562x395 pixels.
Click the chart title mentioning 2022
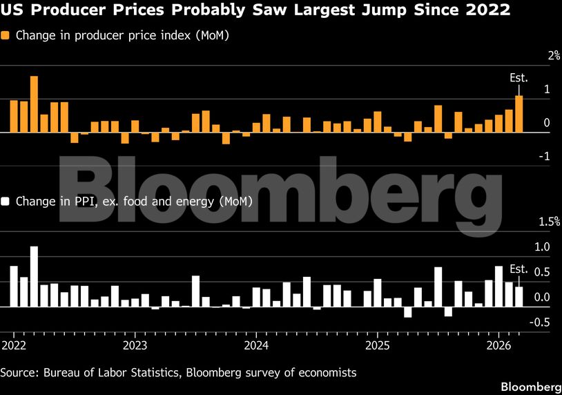tap(255, 10)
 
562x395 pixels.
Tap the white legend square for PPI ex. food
tap(6, 202)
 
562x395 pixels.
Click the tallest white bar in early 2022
tap(34, 276)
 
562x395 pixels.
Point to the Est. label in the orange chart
tap(519, 79)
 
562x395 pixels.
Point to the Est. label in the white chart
tap(519, 269)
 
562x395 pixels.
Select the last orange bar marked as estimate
tap(519, 114)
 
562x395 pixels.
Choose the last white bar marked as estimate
tap(519, 296)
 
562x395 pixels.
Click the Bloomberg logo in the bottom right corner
tap(530, 385)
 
